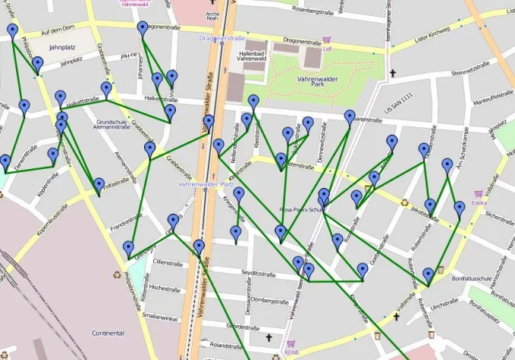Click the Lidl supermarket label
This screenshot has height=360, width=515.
coord(328,49)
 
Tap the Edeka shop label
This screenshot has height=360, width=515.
coord(479,203)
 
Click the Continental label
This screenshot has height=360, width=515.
coord(108,333)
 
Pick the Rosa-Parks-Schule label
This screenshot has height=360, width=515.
coord(303,210)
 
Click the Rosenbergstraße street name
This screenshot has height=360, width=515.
coord(302,10)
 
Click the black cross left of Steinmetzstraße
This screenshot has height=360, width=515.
coord(393,74)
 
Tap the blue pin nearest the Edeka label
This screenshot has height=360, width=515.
coord(459,208)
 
